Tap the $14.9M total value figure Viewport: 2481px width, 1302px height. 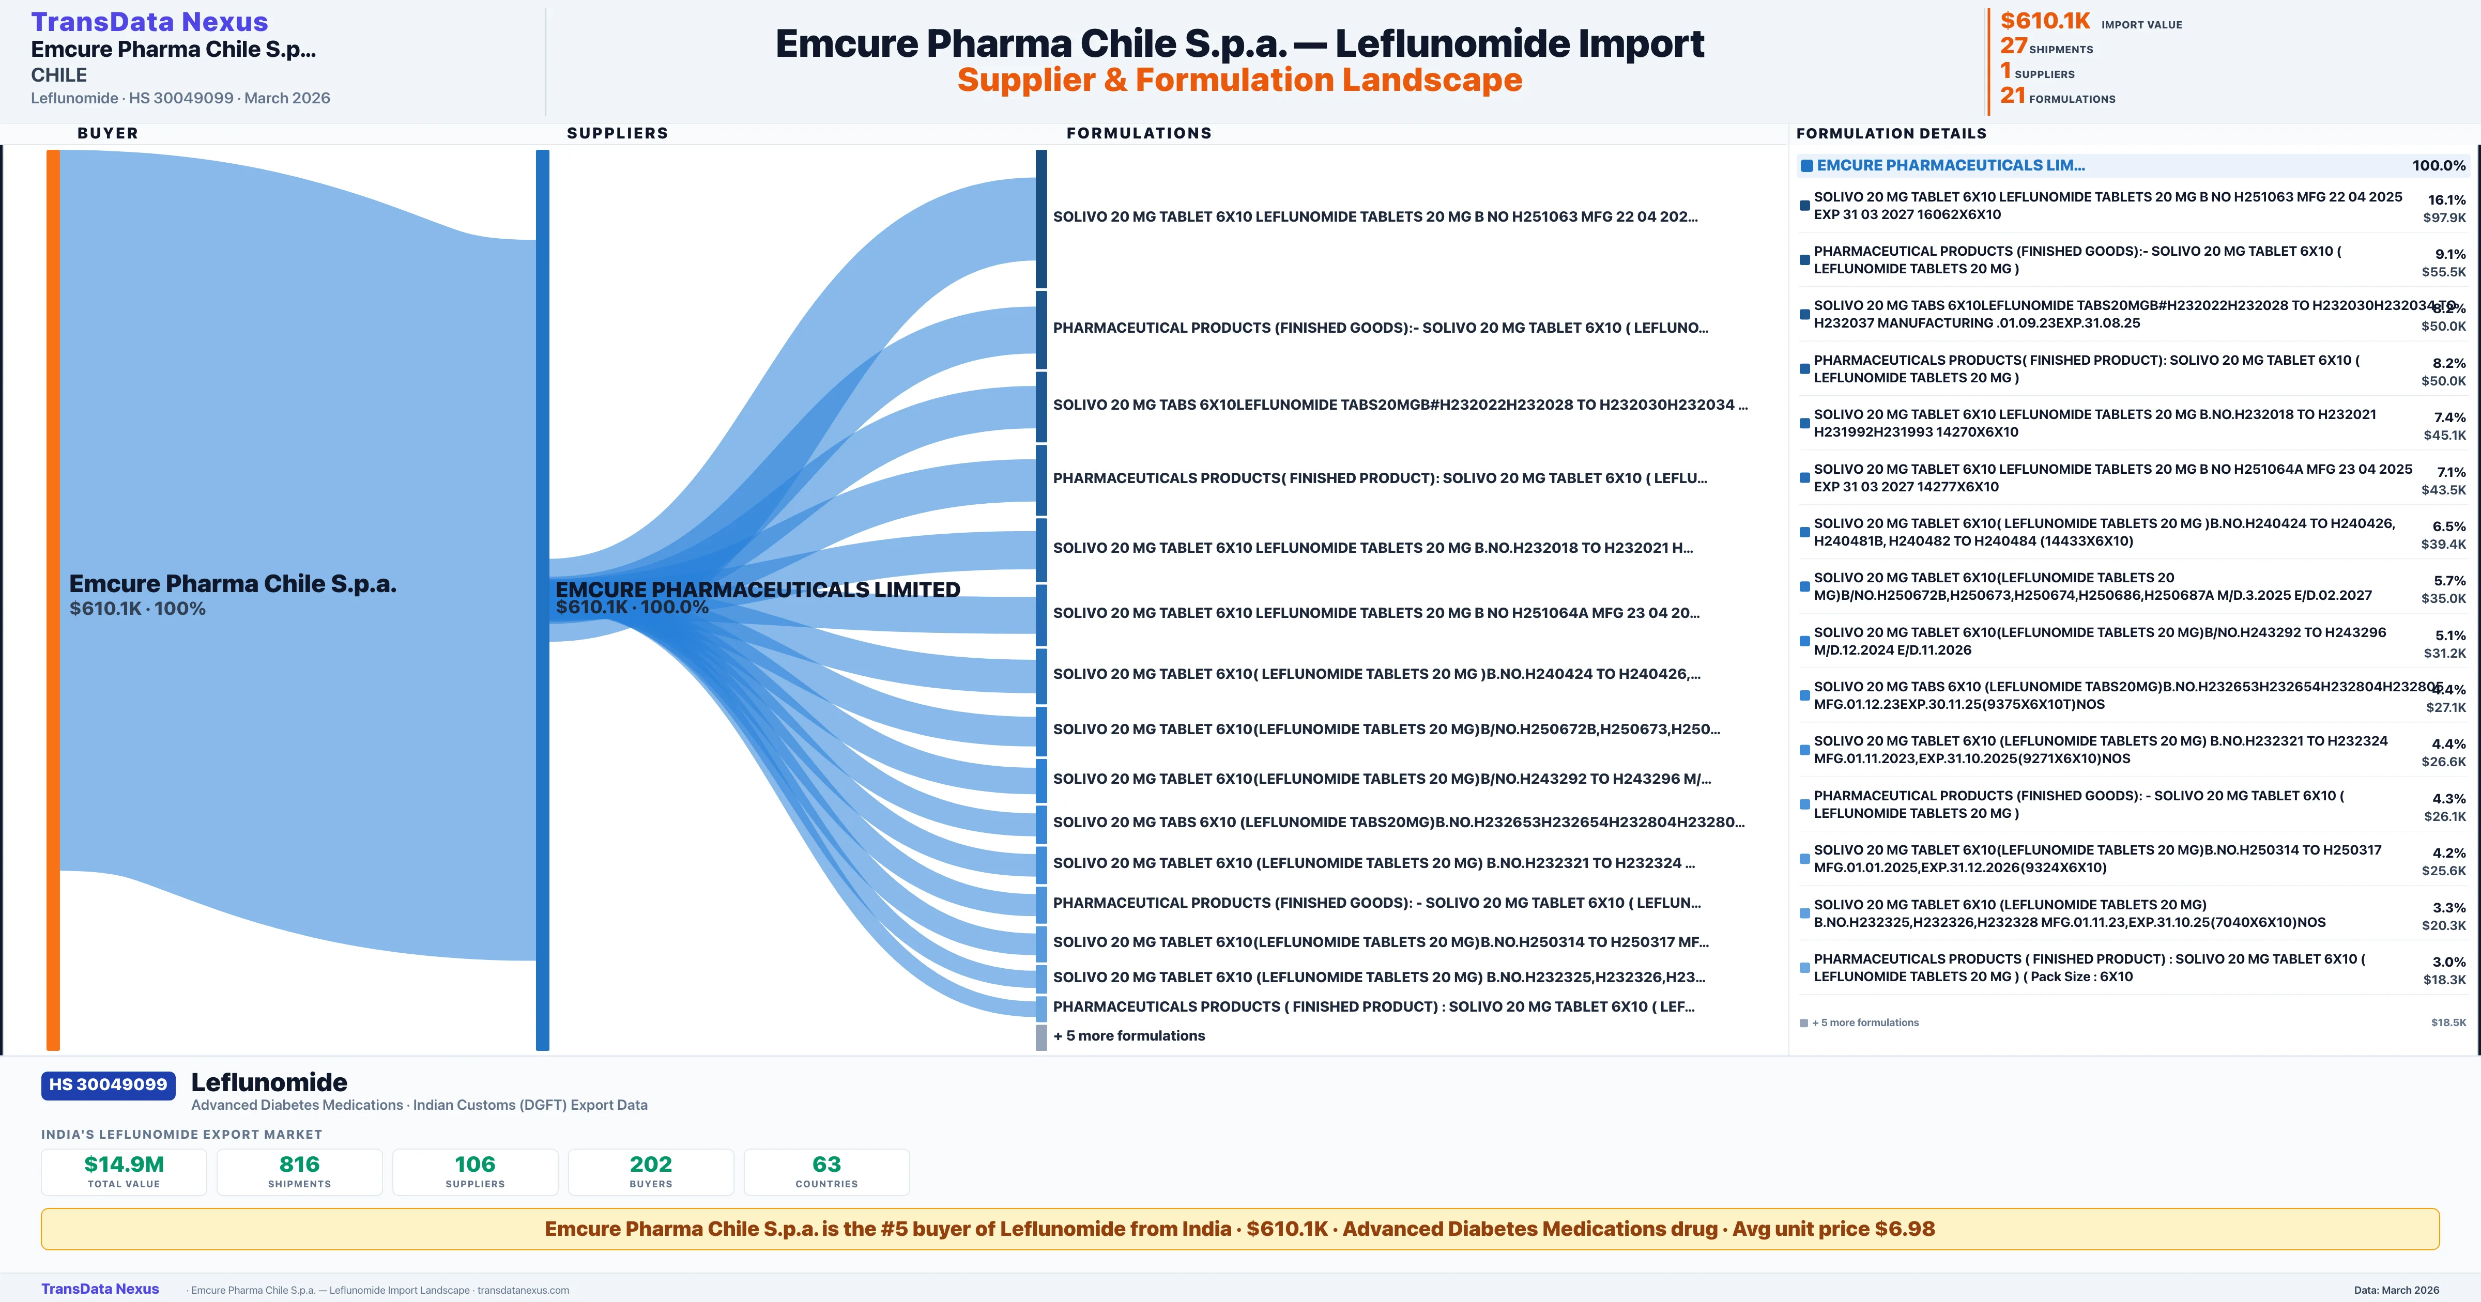(x=124, y=1164)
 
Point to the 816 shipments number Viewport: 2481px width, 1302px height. (x=300, y=1164)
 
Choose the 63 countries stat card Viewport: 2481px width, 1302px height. (x=826, y=1171)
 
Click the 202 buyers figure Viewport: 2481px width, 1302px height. (x=651, y=1164)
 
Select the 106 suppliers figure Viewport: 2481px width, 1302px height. (x=475, y=1164)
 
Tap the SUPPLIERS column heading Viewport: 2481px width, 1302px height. (x=617, y=133)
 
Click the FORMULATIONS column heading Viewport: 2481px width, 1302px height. (x=1138, y=133)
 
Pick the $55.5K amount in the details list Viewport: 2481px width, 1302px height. (x=2443, y=272)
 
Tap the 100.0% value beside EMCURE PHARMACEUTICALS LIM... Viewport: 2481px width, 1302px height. (x=2439, y=166)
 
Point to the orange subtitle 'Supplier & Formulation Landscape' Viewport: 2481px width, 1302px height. (x=1239, y=80)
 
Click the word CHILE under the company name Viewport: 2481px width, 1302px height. (x=59, y=75)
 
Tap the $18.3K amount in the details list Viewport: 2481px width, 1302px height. (x=2444, y=980)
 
